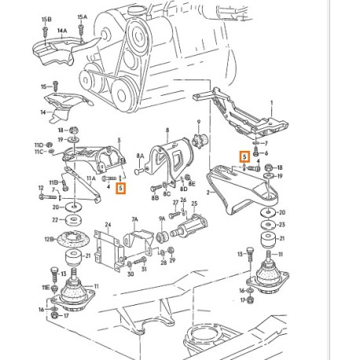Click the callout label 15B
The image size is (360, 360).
[x=46, y=17]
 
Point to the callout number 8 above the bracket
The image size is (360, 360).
[x=166, y=134]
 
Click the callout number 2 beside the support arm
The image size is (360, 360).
[x=208, y=191]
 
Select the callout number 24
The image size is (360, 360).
[x=108, y=225]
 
